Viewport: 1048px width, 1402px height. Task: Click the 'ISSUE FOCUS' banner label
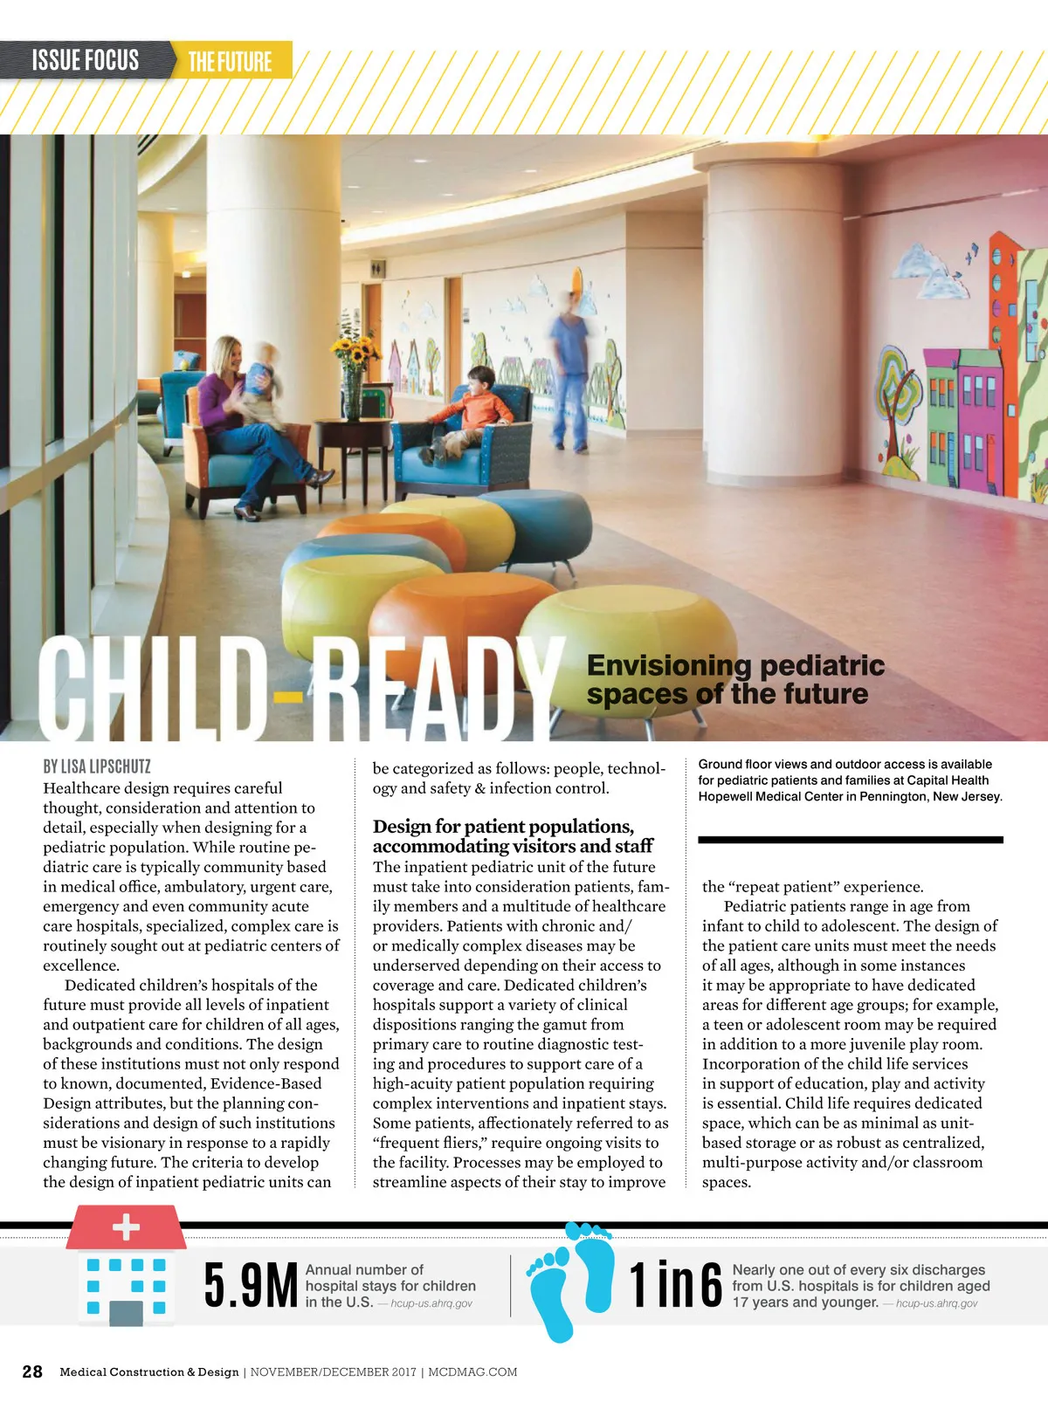click(x=85, y=60)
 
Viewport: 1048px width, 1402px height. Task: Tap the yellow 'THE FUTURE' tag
click(x=230, y=61)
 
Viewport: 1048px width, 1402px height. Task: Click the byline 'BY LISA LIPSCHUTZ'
click(x=97, y=766)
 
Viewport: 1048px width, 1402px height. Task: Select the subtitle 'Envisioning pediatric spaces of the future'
click(x=735, y=679)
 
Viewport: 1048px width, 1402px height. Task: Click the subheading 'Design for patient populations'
click(x=503, y=826)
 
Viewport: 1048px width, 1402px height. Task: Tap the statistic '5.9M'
click(x=251, y=1285)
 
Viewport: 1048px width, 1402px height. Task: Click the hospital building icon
click(x=127, y=1266)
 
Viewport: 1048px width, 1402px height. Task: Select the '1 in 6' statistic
click(x=676, y=1285)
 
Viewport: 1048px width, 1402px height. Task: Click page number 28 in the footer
click(x=32, y=1371)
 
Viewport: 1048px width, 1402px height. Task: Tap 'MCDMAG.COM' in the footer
click(x=472, y=1371)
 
